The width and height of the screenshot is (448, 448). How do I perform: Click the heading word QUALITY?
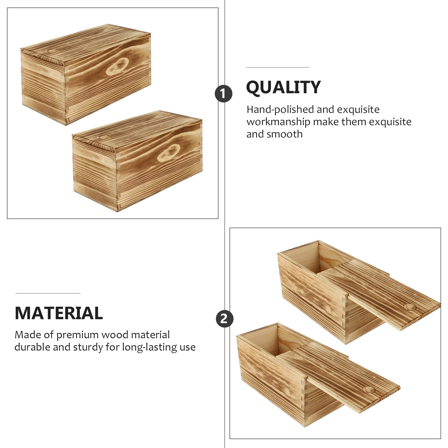coord(283,87)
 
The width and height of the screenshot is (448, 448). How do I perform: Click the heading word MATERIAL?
coord(59,313)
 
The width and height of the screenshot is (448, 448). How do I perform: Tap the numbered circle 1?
coord(223,94)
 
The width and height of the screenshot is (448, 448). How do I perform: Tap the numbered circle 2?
coord(224,319)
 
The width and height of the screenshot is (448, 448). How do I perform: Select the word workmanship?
coord(278,122)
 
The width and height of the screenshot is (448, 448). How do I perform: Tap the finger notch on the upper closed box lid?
coord(53,51)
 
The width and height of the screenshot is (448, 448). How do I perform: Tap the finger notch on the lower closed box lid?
coord(105,137)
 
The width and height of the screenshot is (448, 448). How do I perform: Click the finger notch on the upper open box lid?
coord(410,307)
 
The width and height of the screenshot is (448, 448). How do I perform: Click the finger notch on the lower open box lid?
coord(369,389)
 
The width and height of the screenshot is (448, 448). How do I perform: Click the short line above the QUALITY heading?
coord(278,67)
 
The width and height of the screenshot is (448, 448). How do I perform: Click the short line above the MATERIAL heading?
coord(48,293)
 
